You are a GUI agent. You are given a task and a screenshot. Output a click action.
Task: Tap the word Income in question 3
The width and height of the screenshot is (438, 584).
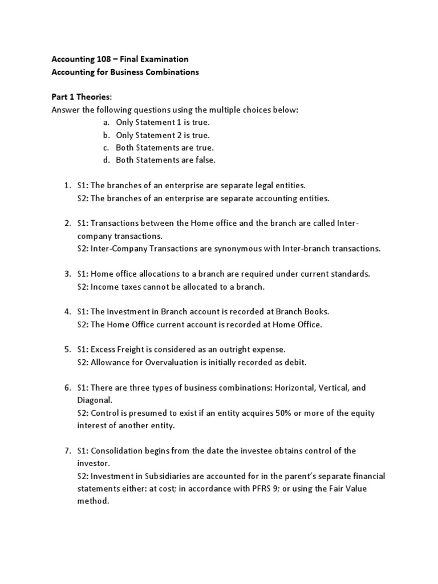coord(104,286)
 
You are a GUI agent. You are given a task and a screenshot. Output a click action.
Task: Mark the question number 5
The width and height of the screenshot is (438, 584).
coord(66,350)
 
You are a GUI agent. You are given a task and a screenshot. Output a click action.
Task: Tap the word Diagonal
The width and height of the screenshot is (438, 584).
coord(93,400)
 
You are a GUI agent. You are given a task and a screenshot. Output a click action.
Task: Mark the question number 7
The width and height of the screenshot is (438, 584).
coord(66,451)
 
